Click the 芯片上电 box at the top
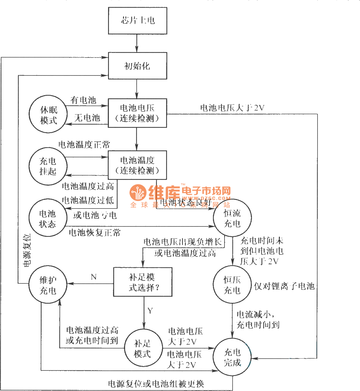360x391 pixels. (138, 21)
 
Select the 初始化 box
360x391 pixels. (138, 66)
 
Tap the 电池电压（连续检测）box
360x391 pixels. (137, 113)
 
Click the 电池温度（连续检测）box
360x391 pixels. (137, 165)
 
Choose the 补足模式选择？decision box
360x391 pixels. (143, 282)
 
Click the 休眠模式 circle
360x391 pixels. (48, 114)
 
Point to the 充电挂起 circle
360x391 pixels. (48, 166)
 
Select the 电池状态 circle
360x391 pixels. (48, 218)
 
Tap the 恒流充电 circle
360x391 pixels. (232, 218)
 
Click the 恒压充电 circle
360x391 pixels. (232, 285)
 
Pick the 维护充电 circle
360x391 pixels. (48, 285)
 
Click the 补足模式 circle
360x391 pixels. (143, 348)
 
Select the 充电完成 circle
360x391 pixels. (232, 357)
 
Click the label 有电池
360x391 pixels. (83, 100)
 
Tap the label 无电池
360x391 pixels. (87, 118)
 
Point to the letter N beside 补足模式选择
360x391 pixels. (94, 277)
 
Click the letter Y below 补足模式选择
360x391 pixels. (150, 311)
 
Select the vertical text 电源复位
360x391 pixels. (27, 250)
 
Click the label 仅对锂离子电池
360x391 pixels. (284, 286)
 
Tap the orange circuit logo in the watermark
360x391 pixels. (138, 193)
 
